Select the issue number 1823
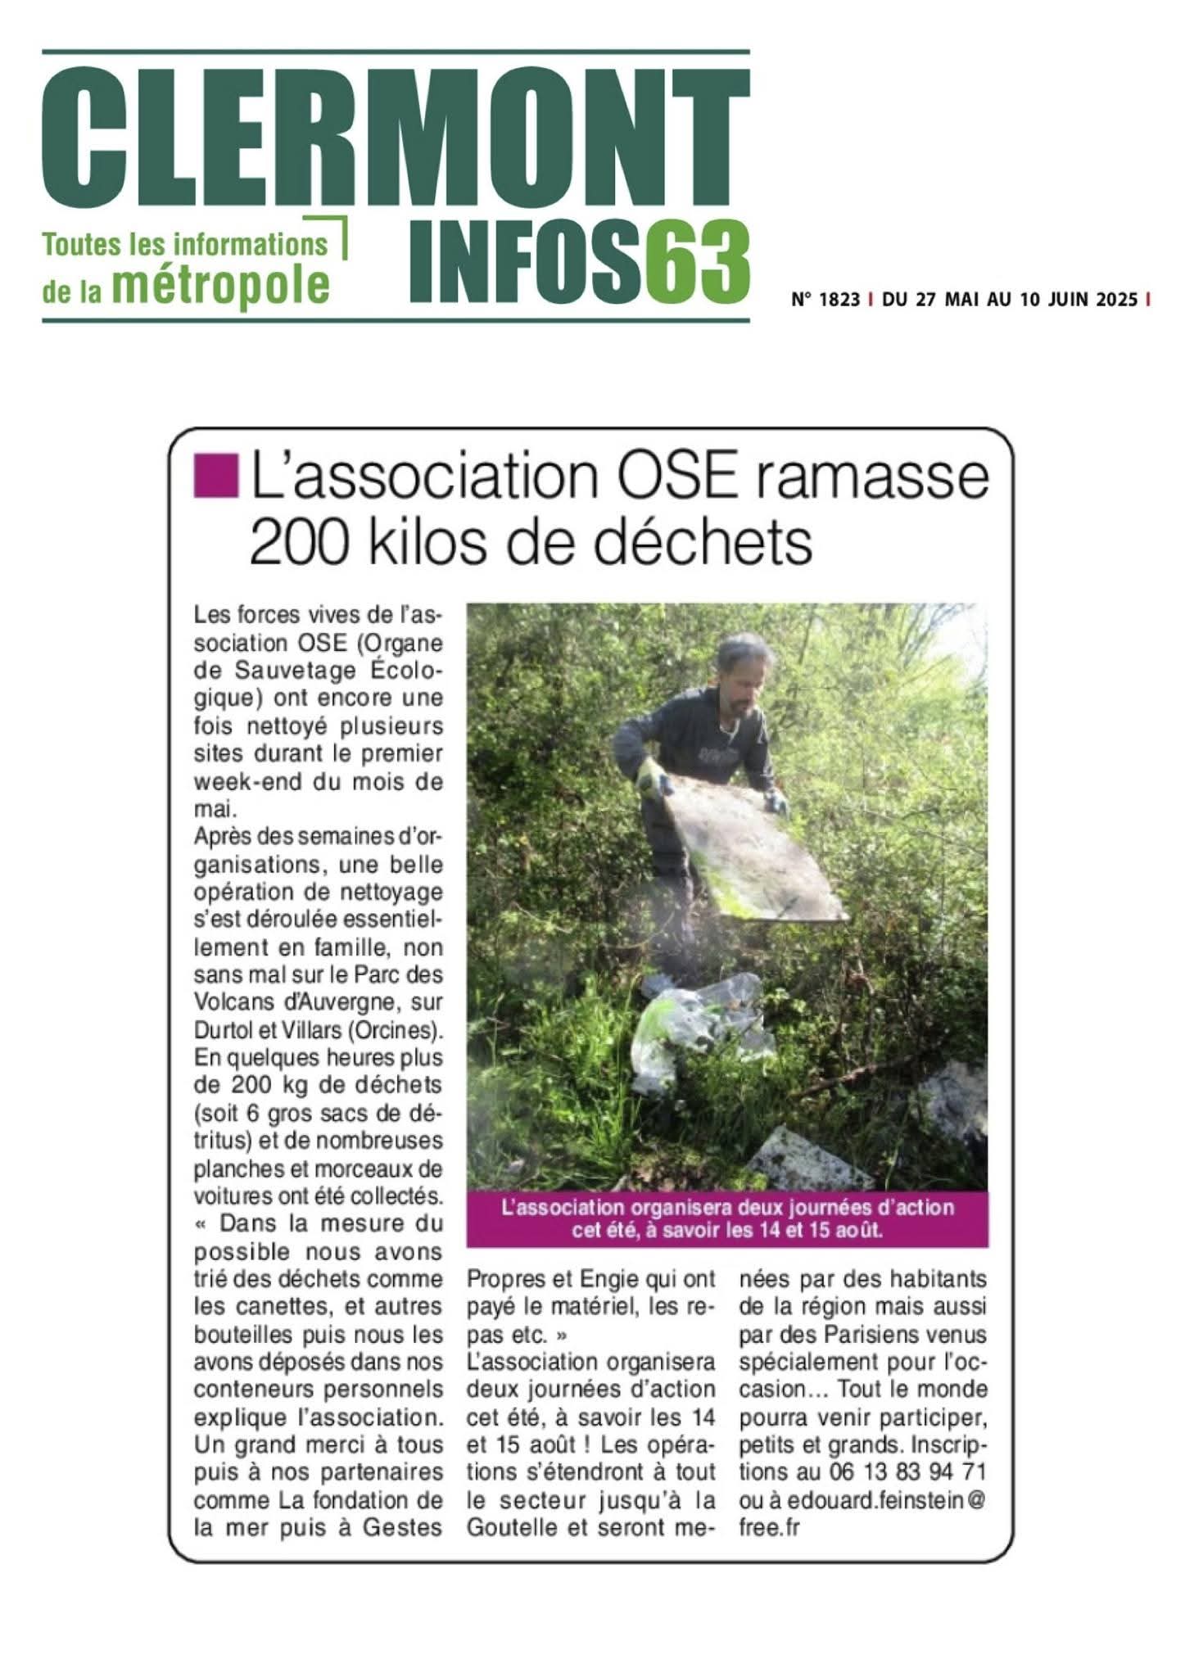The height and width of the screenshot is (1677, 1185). point(839,300)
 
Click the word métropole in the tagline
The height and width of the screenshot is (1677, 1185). point(220,283)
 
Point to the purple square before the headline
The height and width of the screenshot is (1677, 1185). point(215,477)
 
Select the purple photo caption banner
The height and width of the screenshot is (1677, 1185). point(727,1218)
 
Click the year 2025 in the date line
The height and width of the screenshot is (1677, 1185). point(1116,300)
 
